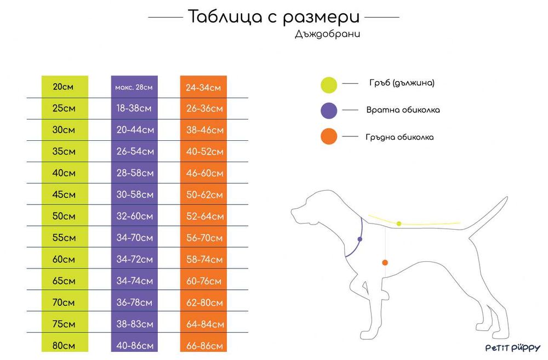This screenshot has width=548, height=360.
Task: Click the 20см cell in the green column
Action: [64, 87]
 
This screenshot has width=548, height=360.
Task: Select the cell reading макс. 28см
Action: [134, 87]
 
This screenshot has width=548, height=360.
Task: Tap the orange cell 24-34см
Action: [203, 87]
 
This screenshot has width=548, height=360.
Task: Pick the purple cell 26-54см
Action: [135, 151]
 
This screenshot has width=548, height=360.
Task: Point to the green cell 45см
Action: [64, 195]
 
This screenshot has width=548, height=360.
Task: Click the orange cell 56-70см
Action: [204, 238]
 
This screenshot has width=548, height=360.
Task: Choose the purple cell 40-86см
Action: [135, 346]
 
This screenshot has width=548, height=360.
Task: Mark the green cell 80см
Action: [64, 346]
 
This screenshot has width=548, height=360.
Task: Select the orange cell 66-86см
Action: [204, 346]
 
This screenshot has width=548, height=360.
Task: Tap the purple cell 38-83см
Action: [135, 324]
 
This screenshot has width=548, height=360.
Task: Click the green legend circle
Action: [329, 84]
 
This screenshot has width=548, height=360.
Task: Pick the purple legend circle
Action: [329, 110]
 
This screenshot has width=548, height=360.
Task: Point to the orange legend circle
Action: [329, 136]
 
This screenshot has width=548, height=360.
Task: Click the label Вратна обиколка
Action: [403, 110]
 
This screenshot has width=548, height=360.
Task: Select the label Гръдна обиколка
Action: [399, 137]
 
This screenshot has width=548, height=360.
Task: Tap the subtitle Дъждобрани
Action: [328, 34]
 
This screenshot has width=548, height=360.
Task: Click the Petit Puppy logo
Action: [512, 348]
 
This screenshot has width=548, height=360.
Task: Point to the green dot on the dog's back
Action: [399, 224]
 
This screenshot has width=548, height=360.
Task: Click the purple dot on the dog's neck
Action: [359, 239]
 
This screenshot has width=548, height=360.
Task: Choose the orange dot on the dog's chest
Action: [385, 262]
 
